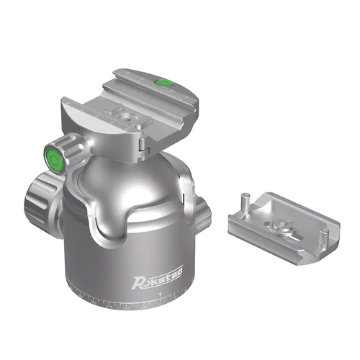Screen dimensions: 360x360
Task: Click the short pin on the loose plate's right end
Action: pyautogui.click(x=326, y=235)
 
